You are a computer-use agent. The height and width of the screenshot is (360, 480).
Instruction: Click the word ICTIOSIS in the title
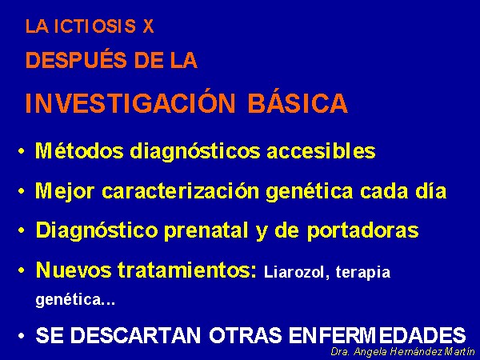tap(94, 26)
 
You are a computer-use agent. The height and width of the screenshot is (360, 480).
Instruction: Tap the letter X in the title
tap(148, 26)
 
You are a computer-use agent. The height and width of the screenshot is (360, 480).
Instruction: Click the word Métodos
tap(79, 150)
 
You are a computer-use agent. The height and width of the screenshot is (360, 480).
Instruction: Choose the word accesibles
tap(321, 150)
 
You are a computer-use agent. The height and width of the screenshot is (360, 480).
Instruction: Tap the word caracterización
tap(181, 190)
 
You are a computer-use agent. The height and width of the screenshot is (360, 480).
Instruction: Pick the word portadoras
tap(363, 230)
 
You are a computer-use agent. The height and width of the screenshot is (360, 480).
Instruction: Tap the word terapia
tap(363, 272)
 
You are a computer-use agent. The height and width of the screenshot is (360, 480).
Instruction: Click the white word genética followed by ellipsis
tap(75, 299)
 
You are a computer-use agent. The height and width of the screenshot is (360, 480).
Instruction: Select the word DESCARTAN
tap(135, 334)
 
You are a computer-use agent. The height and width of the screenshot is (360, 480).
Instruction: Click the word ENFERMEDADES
tap(377, 334)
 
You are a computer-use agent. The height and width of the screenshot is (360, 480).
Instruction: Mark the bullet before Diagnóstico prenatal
tap(21, 231)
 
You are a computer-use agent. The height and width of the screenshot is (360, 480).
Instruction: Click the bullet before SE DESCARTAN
tap(21, 336)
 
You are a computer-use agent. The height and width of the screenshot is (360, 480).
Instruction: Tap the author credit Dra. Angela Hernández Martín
tap(403, 351)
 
